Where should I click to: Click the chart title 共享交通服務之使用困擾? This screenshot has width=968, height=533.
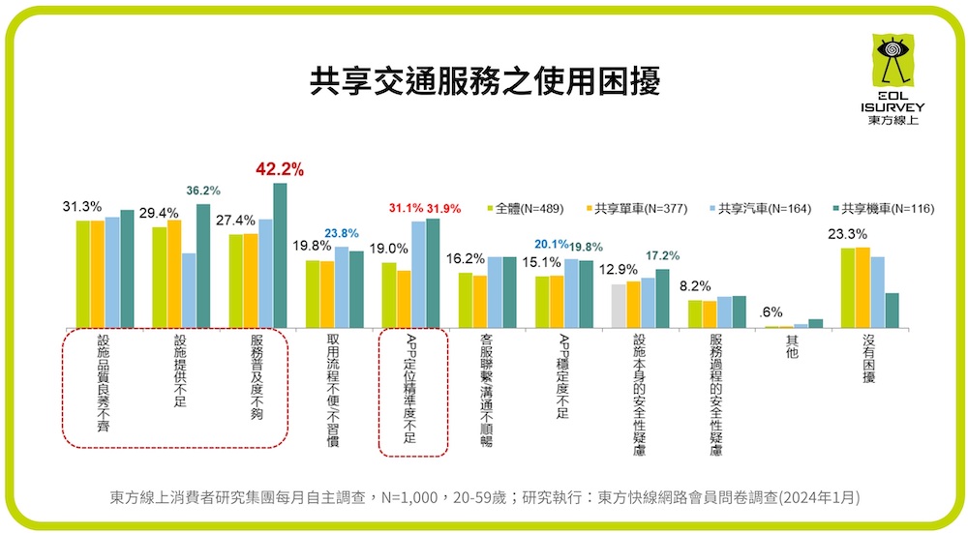[484, 80]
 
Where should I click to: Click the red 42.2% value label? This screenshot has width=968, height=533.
[280, 169]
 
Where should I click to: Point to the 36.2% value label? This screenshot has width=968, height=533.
[202, 191]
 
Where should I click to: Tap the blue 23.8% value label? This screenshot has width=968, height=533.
[342, 233]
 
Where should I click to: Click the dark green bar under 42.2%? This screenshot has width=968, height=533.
[280, 255]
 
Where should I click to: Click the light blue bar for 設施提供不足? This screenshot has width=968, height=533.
[188, 290]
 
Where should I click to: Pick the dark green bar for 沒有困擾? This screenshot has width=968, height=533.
[892, 311]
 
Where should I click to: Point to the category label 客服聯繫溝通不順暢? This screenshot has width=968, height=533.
[487, 390]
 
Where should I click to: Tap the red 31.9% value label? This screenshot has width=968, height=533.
[443, 208]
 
